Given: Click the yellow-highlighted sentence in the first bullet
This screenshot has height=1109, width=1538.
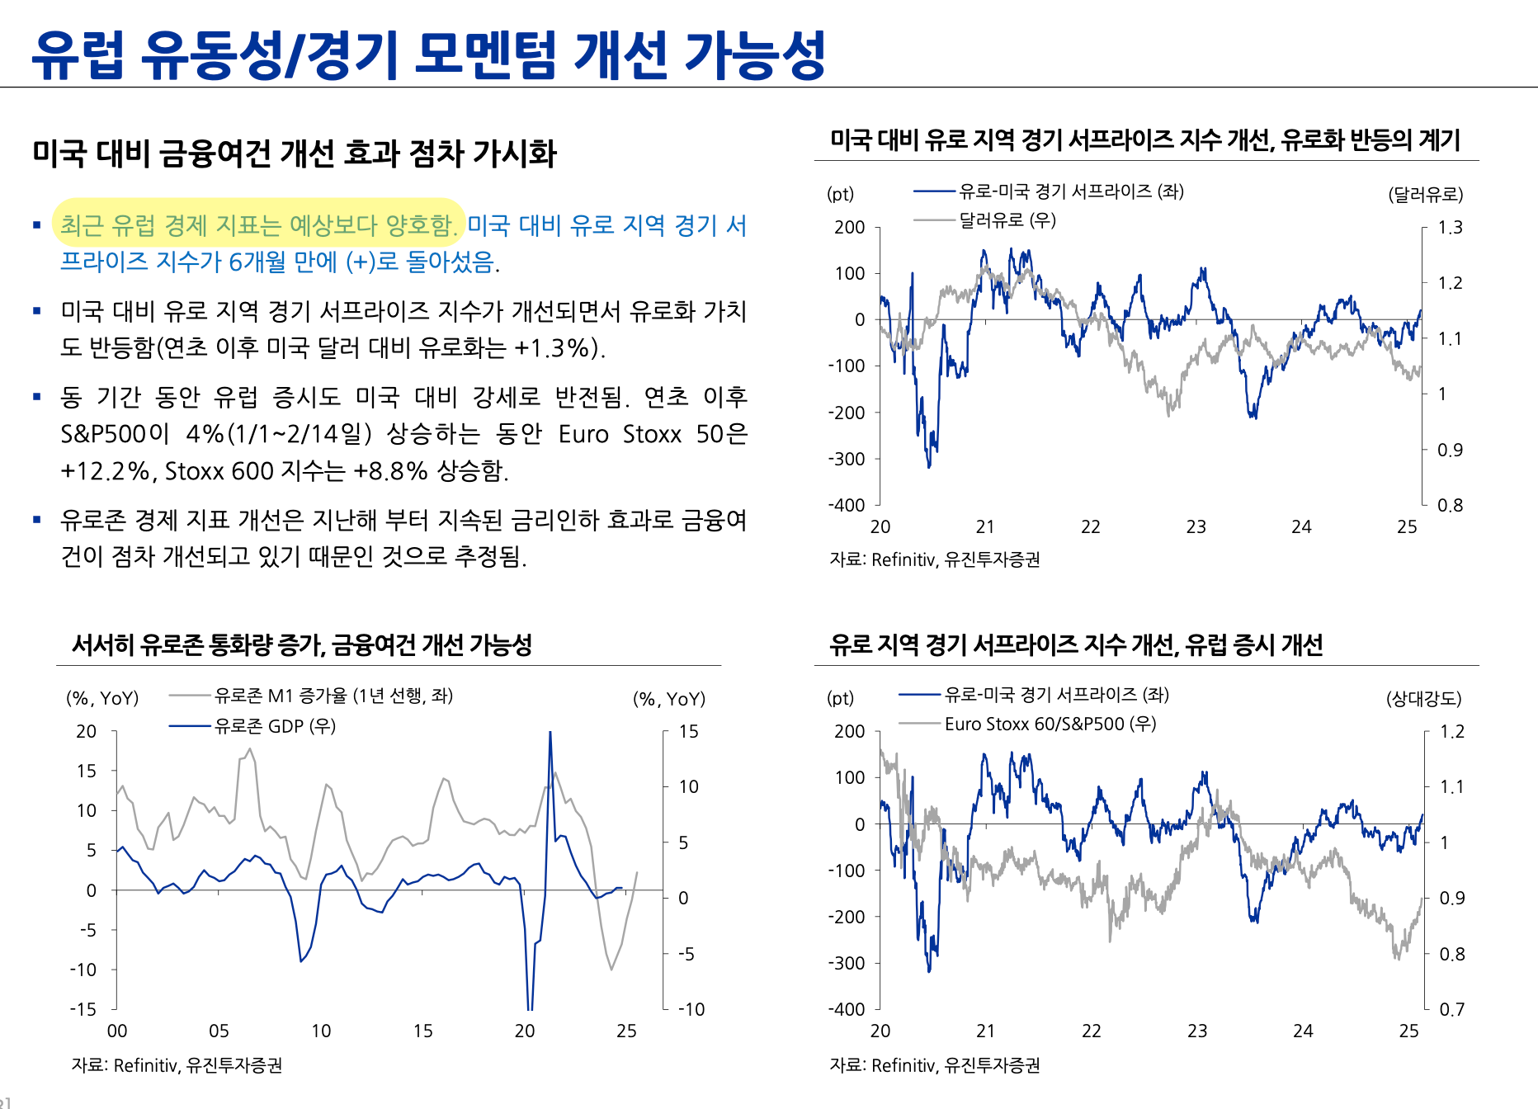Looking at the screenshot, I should [258, 224].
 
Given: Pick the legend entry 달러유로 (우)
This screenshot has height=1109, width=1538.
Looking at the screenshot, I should [1007, 220].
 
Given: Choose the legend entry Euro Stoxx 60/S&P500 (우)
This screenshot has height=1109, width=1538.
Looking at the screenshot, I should [1050, 724].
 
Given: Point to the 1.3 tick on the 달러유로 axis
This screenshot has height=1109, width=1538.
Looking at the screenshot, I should [1450, 228].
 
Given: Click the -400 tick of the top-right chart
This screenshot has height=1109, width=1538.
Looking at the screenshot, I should [847, 505].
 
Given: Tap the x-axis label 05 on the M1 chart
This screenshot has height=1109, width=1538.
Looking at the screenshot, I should [219, 1031].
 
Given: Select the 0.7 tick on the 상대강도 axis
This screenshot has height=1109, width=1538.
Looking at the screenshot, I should [1451, 1009].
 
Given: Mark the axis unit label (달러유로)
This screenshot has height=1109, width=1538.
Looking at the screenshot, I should [1425, 195].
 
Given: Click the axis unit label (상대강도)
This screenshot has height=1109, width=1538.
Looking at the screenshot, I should [1423, 699].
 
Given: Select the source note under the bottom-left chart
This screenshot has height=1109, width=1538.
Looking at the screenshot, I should [177, 1065].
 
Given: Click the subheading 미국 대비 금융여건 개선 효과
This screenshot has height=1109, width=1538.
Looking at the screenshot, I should [295, 153].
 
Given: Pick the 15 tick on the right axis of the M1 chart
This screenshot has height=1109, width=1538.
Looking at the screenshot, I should [688, 731].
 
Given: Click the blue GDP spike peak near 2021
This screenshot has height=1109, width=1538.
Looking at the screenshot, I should [550, 733].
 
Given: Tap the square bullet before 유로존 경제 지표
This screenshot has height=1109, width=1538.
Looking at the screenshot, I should [37, 520].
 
